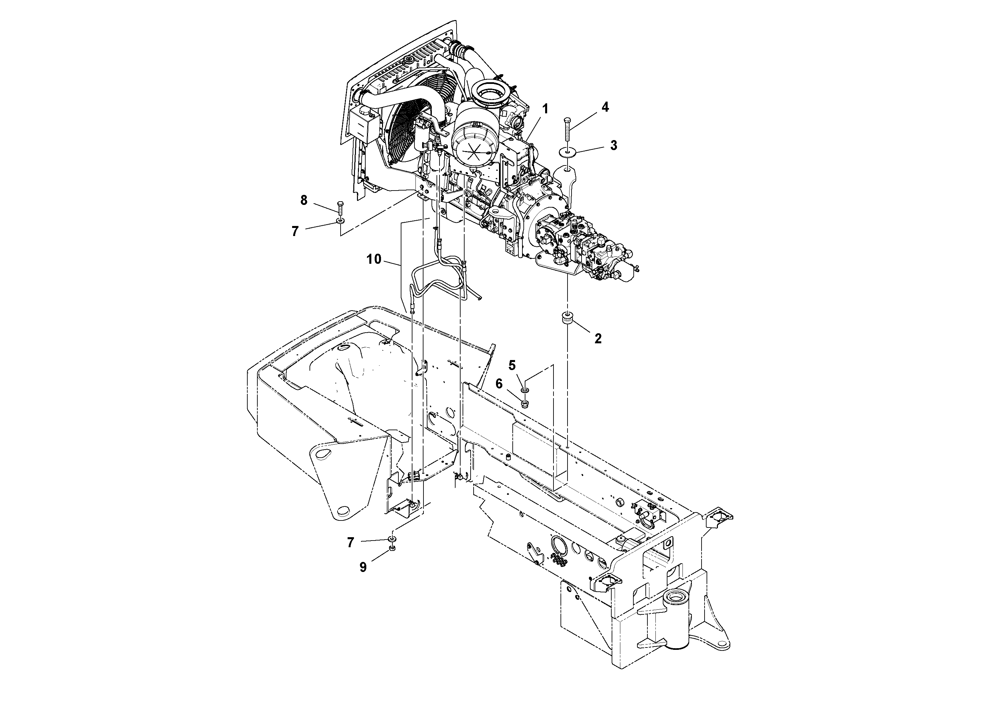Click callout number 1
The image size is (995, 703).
pos(545,109)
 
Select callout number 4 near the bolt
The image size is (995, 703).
pos(605,107)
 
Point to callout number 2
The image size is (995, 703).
pos(598,339)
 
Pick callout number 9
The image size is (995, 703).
pos(363,567)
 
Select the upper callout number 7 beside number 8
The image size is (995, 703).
pos(295,231)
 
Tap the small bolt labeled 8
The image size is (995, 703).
pos(340,208)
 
